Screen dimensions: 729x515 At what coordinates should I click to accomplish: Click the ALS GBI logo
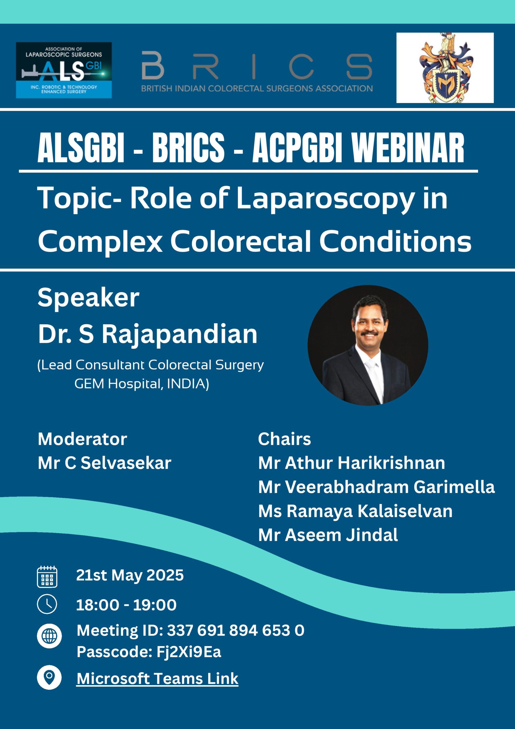[x=64, y=70]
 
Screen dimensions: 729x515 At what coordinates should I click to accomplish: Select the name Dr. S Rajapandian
[x=148, y=334]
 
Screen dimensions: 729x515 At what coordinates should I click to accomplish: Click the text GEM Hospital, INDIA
[x=141, y=384]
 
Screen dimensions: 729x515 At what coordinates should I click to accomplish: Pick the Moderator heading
[x=82, y=439]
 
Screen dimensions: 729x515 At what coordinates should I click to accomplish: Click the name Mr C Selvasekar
[x=104, y=463]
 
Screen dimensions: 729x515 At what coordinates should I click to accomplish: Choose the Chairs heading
[x=284, y=439]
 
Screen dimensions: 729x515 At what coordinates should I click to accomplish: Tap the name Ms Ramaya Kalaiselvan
[x=355, y=511]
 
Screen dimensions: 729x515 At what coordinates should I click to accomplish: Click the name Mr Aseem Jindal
[x=328, y=535]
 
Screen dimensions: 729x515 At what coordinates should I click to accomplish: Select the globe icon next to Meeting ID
[x=49, y=636]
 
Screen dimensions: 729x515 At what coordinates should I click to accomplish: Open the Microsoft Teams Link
[x=157, y=679]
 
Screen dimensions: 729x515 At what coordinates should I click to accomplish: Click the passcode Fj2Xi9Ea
[x=188, y=652]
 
